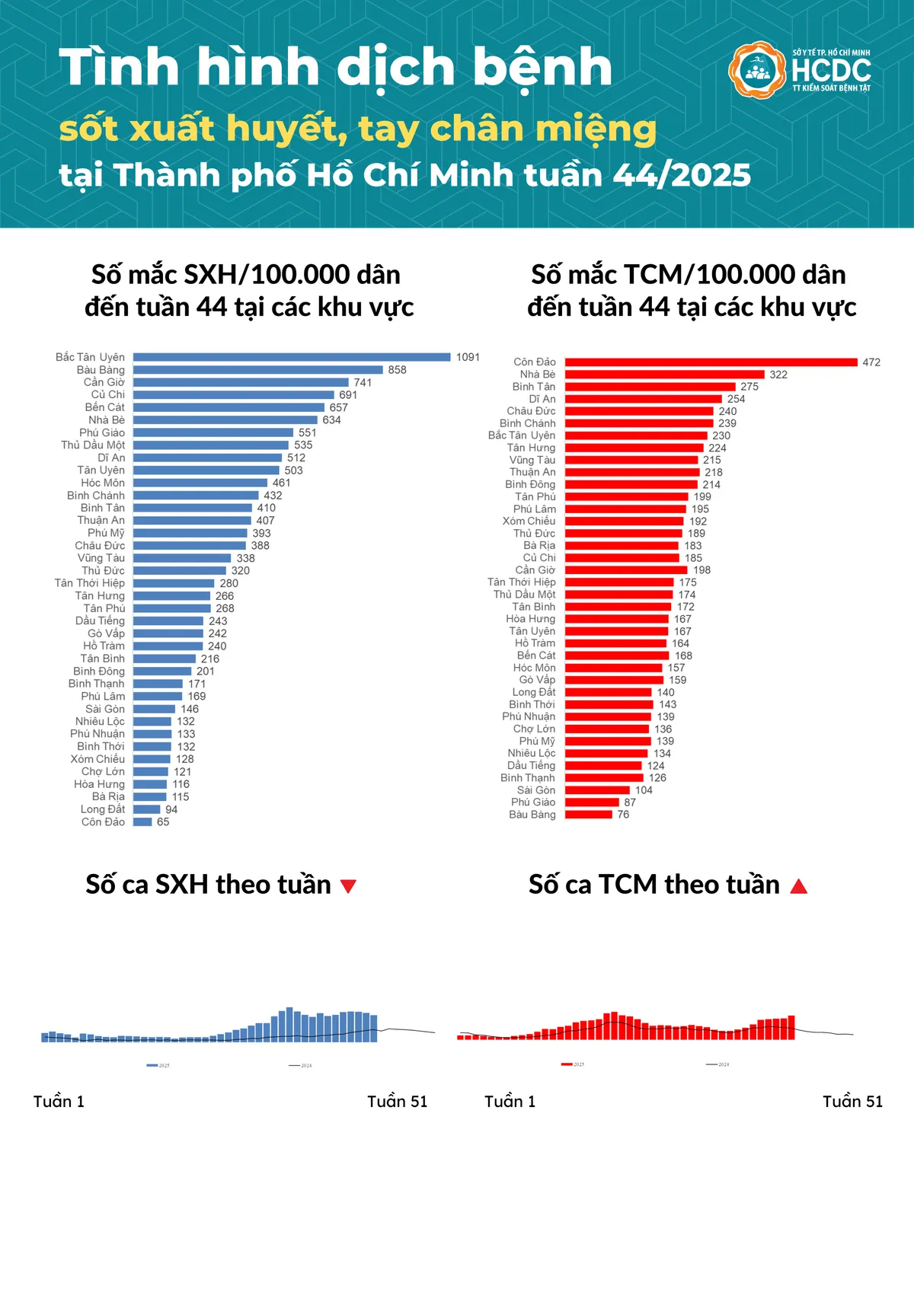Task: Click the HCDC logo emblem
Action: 756,70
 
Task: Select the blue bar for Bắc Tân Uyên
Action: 292,357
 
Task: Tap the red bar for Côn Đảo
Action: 711,362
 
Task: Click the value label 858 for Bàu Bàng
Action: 397,370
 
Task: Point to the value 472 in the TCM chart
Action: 871,362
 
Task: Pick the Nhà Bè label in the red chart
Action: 538,375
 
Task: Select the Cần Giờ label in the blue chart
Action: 104,382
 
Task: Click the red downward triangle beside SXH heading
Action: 348,886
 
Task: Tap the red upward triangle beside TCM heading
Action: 798,885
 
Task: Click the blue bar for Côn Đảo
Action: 142,822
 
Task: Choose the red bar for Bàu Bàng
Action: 588,815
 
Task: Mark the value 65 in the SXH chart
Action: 163,822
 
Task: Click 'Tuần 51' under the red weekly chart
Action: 852,1102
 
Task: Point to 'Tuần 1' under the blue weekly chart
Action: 59,1102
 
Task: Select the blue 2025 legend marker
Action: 152,1065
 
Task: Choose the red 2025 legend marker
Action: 567,1064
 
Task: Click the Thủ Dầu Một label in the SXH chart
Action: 93,445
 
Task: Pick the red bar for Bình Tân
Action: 650,387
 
